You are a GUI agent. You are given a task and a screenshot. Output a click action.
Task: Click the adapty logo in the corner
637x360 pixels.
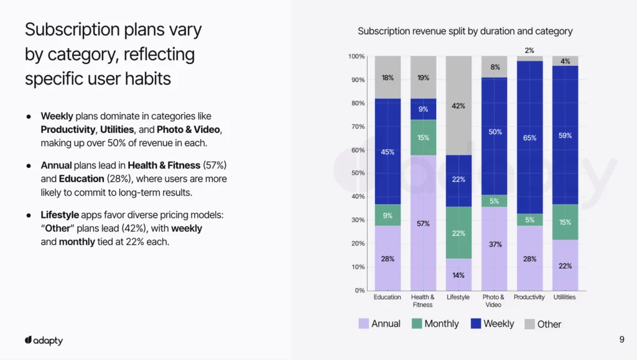tap(44, 341)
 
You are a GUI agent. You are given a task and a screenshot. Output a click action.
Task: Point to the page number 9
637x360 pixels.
tap(622, 339)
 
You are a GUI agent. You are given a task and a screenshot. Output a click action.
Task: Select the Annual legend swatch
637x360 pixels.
tap(364, 323)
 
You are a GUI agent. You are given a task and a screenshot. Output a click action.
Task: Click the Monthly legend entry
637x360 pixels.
tap(435, 323)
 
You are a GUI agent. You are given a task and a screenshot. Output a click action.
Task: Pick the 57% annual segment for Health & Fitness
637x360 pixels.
tap(423, 223)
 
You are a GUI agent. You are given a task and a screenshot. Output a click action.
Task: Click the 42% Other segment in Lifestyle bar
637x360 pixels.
tap(458, 106)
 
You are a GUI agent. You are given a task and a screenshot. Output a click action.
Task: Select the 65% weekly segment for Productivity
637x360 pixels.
tap(529, 137)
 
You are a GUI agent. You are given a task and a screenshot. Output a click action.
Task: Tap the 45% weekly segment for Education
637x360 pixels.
tap(388, 152)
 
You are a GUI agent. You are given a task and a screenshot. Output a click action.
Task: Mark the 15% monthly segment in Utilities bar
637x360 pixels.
tap(565, 222)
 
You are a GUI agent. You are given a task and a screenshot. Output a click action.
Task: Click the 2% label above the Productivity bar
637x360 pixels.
tap(529, 50)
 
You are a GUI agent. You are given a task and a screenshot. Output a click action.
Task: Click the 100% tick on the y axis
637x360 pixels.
tap(356, 57)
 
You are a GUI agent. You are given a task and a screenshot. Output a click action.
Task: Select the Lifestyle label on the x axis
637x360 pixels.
tap(458, 297)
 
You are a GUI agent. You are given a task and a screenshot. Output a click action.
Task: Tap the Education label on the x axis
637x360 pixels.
tap(388, 297)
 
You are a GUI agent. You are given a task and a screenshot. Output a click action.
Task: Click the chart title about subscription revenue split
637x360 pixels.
tap(465, 31)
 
